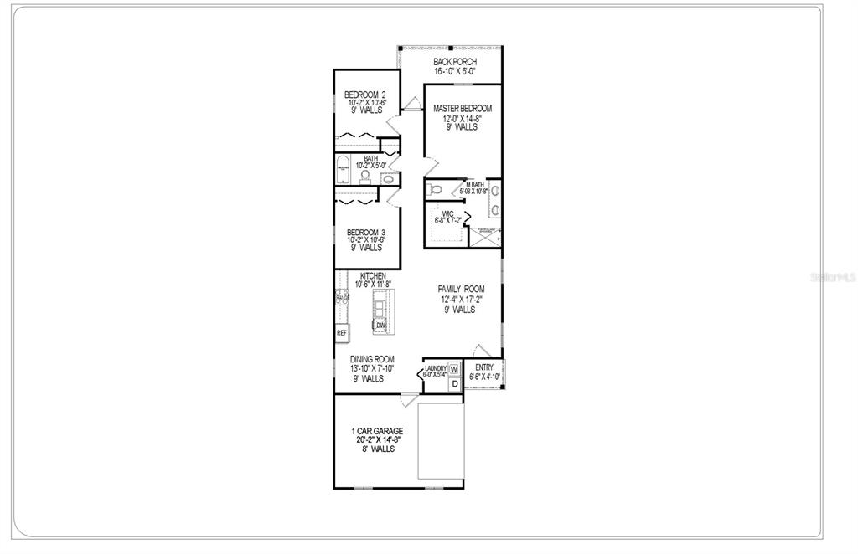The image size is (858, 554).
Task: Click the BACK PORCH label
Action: point(455,62)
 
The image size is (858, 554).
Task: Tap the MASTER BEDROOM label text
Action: point(462,109)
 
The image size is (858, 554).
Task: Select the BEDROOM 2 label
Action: point(365,94)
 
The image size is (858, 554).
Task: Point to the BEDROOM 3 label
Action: point(365,232)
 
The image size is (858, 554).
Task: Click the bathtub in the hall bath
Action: point(343,169)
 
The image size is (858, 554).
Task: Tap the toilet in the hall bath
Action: point(365,175)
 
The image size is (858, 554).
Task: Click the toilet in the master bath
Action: point(434,190)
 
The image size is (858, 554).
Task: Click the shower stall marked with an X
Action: point(484,238)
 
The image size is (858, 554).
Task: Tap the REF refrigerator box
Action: point(342,333)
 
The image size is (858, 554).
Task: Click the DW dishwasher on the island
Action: point(380,326)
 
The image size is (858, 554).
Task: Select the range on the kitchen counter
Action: point(342,297)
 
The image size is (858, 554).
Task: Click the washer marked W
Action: point(454,369)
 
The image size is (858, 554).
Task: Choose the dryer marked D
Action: point(454,384)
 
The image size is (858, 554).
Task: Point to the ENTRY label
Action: point(484,367)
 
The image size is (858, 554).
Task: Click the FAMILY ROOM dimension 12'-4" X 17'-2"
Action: point(461,299)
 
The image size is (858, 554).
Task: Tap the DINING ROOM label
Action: point(372,359)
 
